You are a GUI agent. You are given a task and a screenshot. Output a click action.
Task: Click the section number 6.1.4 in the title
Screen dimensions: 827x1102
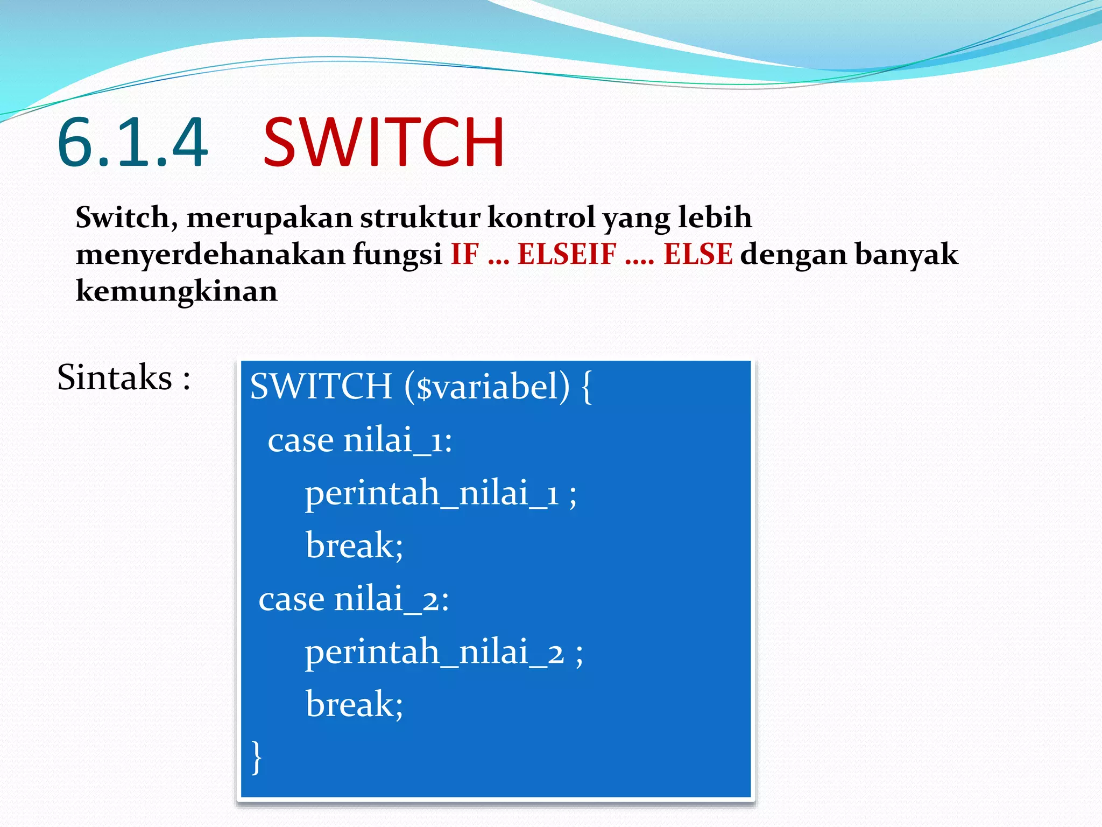pos(132,143)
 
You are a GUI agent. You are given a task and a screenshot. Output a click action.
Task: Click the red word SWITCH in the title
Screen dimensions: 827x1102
pos(384,143)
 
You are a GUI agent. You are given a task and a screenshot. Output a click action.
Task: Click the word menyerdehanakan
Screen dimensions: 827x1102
pos(210,255)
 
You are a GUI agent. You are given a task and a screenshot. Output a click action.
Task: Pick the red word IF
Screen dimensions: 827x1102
pos(464,255)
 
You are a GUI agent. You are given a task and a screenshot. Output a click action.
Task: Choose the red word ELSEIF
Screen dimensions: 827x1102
pos(567,255)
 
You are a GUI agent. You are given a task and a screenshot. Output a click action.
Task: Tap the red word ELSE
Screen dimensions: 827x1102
pos(697,255)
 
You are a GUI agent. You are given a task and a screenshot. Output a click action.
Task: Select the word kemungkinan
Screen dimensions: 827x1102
pos(176,291)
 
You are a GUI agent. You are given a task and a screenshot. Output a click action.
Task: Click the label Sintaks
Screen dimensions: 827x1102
pos(115,377)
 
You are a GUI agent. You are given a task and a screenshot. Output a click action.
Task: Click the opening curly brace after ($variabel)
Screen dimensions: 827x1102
pos(587,387)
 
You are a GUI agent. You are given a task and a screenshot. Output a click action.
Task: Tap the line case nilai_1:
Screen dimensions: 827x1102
pos(359,440)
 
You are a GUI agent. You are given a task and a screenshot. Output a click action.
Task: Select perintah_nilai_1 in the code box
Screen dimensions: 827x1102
pos(432,493)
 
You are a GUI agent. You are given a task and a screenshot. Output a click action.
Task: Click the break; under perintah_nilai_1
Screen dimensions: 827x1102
pos(354,546)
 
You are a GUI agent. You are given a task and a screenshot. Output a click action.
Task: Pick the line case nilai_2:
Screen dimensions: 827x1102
pos(354,599)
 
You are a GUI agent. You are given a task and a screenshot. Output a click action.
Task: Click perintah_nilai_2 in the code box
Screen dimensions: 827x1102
pos(434,652)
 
